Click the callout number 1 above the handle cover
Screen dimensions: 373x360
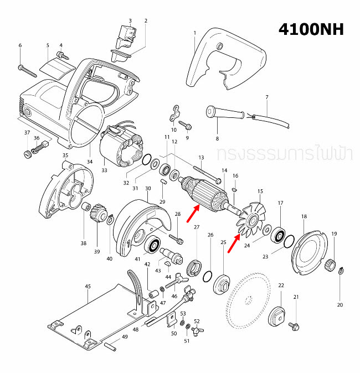[x=195, y=33]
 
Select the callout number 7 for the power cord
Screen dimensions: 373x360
[x=266, y=97]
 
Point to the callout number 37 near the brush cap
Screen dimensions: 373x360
[x=27, y=133]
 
